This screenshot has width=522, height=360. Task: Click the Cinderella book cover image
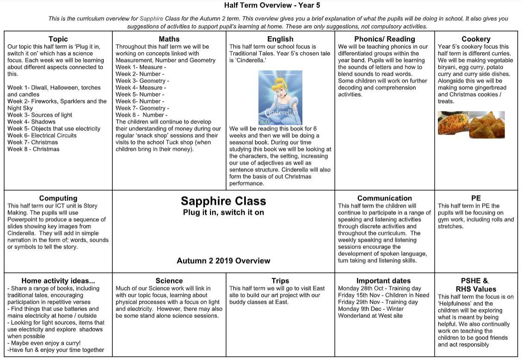[x=280, y=97]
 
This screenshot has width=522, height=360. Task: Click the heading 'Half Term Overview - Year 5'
[x=272, y=6]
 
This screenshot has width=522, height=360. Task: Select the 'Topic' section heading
[x=58, y=39]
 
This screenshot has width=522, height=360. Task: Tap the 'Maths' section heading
[x=169, y=39]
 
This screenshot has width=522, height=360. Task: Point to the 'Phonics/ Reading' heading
[x=385, y=39]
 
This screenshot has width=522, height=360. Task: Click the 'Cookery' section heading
[x=476, y=39]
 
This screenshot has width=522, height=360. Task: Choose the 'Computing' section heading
[x=58, y=198]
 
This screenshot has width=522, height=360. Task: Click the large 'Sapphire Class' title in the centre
[x=223, y=201]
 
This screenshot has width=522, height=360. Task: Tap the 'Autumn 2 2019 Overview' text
[x=223, y=261]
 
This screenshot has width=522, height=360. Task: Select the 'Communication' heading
[x=385, y=198]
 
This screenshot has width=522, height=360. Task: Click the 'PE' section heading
[x=476, y=198]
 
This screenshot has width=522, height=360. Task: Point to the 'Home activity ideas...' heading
[x=58, y=280]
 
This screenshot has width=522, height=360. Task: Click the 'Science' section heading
[x=169, y=280]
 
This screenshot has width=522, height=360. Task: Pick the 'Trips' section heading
[x=280, y=280]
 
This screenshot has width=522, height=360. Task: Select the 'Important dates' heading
[x=384, y=280]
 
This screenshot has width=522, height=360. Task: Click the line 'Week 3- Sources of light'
[x=40, y=115]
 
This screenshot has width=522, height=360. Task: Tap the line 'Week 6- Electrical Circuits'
[x=42, y=135]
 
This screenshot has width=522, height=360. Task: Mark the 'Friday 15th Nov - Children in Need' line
[x=383, y=295]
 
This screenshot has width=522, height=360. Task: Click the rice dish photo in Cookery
[x=453, y=124]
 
